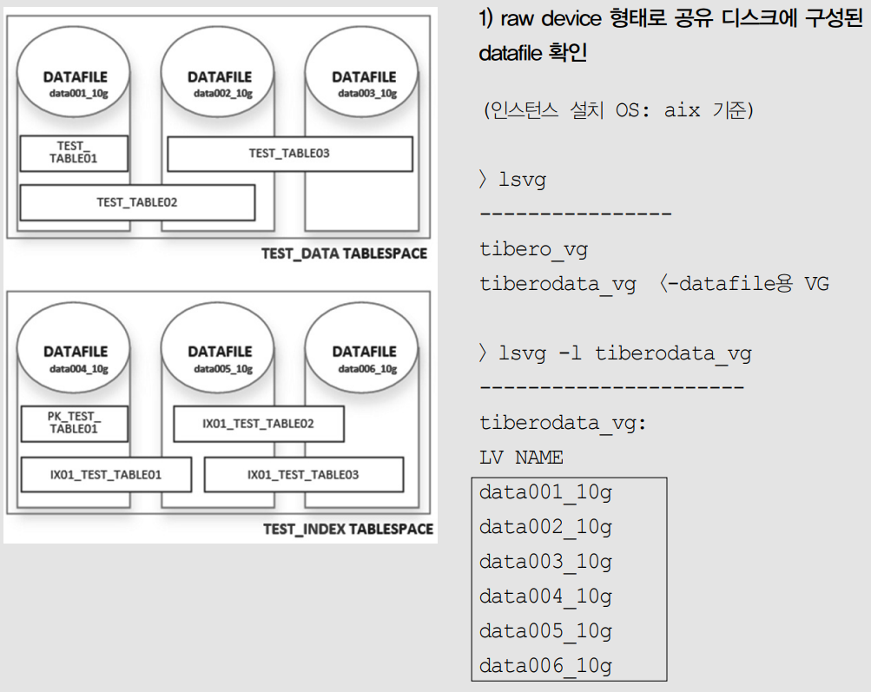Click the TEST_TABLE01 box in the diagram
[x=75, y=153]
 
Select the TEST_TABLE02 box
[x=137, y=202]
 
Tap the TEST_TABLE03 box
[x=289, y=154]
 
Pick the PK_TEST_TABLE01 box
[x=75, y=423]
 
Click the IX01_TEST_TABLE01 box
[x=106, y=475]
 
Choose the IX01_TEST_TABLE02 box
[x=259, y=424]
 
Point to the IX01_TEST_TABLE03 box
[x=303, y=475]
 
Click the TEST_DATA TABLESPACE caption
[x=344, y=254]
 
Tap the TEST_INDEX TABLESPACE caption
[x=347, y=529]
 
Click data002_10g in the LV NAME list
[x=545, y=527]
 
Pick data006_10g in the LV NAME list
[x=545, y=666]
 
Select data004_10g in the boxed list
[x=545, y=596]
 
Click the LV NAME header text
[x=521, y=458]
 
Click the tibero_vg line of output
[x=533, y=250]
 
